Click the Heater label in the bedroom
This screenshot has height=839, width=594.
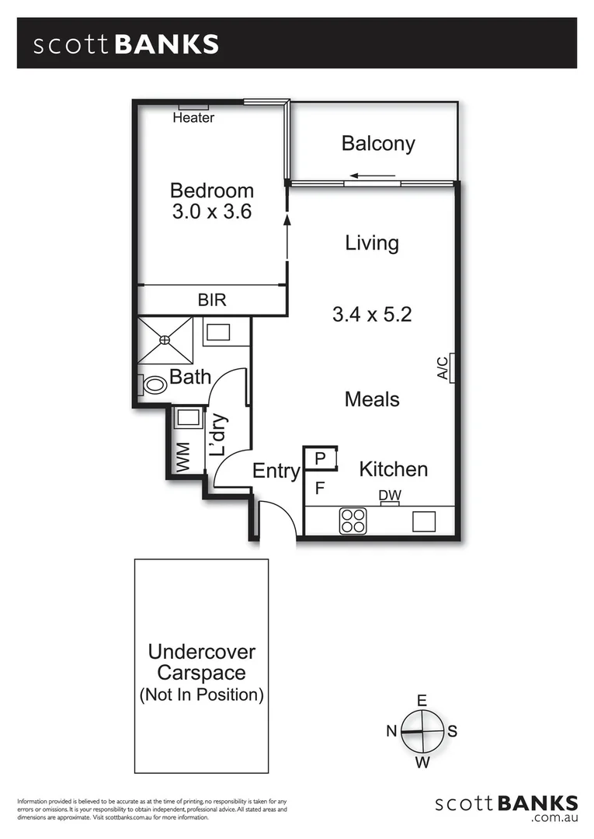coord(193,118)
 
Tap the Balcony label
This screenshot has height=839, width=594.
coord(378,144)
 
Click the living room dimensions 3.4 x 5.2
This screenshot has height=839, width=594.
coord(371,315)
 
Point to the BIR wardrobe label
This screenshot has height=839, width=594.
coord(211,300)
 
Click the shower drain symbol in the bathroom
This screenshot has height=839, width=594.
coord(165,339)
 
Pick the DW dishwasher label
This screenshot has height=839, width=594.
coord(389,495)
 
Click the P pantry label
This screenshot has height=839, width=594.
coord(319,459)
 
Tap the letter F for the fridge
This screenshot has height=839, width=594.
coord(319,489)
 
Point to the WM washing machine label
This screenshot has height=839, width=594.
coord(183,457)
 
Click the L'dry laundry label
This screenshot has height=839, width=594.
coord(218,435)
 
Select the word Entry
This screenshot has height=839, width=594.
coord(276,471)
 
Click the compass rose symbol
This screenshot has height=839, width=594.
coord(422,732)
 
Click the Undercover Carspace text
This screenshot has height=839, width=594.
coord(201,662)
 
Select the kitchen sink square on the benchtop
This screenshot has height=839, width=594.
coord(423,520)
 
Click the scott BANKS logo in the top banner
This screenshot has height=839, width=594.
coord(126,44)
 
